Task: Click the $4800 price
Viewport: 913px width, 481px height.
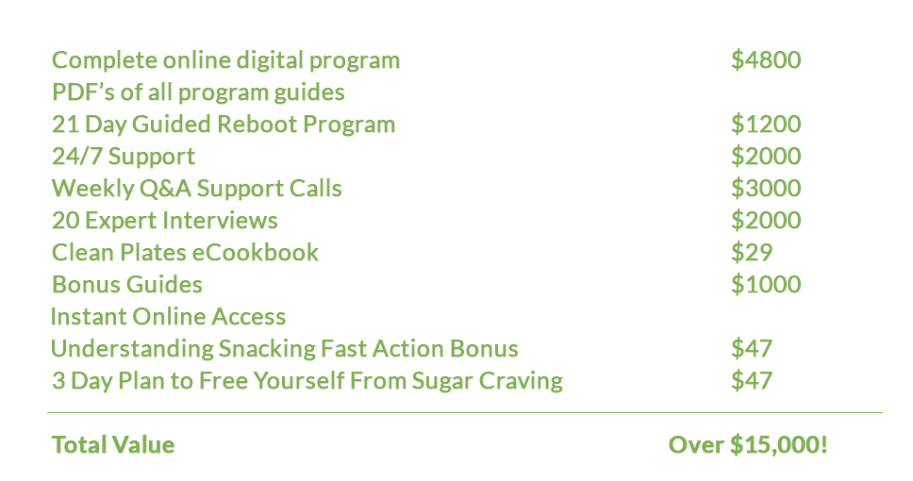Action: (766, 60)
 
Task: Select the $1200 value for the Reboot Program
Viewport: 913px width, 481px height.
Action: (766, 124)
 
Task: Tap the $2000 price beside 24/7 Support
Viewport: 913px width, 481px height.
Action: (766, 156)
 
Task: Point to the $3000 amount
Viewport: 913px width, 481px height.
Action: (766, 188)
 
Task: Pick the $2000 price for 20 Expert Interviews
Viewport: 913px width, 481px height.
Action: (766, 220)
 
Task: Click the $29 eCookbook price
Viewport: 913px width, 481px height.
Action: (752, 252)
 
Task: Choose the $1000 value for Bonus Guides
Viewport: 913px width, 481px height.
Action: (766, 284)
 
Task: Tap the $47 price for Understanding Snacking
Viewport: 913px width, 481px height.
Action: (752, 348)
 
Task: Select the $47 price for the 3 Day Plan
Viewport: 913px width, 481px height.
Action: (752, 380)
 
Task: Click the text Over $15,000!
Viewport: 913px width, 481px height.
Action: (748, 444)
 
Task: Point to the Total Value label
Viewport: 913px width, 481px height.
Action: (113, 445)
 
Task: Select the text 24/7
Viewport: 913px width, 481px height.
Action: (76, 156)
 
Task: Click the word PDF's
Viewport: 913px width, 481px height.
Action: (83, 92)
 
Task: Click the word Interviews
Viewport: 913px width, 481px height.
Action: (220, 220)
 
